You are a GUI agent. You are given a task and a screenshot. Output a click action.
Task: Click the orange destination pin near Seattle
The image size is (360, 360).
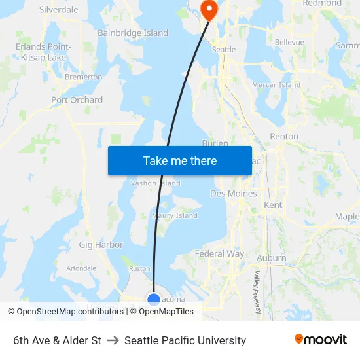[x=209, y=9]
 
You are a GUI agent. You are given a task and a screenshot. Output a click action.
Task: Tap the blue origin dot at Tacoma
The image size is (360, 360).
[x=154, y=300]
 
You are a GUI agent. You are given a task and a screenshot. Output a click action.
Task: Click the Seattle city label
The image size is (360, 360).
[x=224, y=50]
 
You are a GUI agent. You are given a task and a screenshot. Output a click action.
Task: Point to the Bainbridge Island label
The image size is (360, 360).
[x=133, y=33]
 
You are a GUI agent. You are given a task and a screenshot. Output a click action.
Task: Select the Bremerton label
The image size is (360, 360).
[x=83, y=77]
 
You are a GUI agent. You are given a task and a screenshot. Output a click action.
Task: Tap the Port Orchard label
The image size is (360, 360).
[x=77, y=100]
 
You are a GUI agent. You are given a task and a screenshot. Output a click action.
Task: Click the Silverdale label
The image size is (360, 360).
[x=59, y=10]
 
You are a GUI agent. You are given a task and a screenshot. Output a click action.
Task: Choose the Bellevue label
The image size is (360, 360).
[x=289, y=42]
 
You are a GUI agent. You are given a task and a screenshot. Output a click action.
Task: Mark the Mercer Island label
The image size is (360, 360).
[x=276, y=85]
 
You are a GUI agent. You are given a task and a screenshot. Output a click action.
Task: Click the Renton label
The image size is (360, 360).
[x=284, y=137]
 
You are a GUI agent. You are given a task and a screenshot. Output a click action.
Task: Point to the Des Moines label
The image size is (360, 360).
[x=234, y=194]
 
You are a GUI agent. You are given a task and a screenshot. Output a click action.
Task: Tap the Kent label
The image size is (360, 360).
[x=273, y=205]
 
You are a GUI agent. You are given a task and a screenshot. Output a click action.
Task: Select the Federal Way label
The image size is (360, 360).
[x=219, y=253]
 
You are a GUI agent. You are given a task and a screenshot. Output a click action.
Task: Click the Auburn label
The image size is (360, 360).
[x=272, y=258]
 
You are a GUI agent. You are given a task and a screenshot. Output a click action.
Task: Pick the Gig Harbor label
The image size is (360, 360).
[x=101, y=245]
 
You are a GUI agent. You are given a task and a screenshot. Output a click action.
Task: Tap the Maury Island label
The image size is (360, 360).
[x=175, y=215]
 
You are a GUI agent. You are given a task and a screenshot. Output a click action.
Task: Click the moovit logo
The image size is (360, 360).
[x=321, y=340]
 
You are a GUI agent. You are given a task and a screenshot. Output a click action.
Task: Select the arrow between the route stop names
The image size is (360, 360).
[x=113, y=340]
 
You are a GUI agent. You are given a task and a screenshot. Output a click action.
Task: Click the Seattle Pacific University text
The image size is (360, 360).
[x=185, y=340]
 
